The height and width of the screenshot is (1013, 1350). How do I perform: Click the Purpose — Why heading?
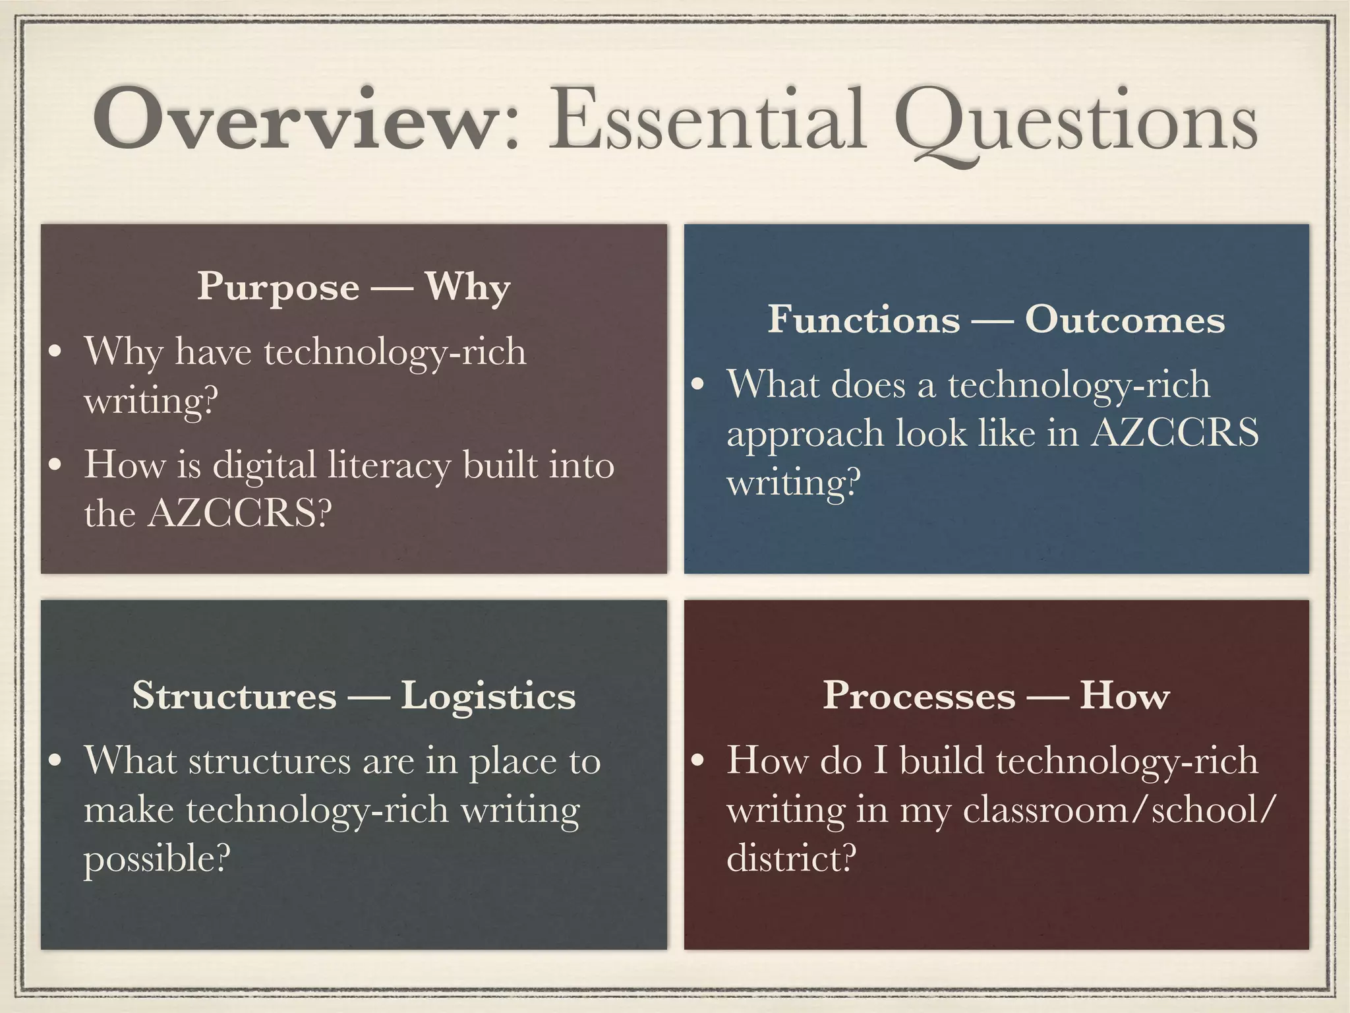[354, 287]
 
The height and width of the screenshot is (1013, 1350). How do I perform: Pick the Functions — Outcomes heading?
[996, 320]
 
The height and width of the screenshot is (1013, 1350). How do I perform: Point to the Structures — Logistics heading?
[354, 696]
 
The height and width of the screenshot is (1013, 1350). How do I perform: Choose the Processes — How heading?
[996, 696]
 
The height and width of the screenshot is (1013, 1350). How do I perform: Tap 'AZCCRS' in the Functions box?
[1173, 434]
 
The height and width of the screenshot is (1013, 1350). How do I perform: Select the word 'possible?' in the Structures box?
[157, 859]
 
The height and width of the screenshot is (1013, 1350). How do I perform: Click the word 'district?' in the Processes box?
[791, 859]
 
